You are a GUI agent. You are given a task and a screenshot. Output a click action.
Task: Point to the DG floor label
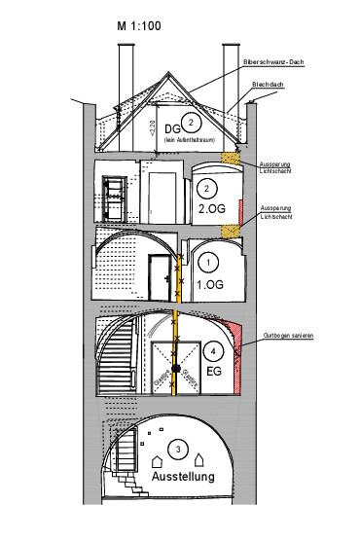pyautogui.click(x=172, y=130)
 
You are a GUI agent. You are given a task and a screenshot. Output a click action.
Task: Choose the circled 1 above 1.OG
pyautogui.click(x=206, y=263)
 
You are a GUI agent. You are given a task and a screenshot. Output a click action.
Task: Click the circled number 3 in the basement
pyautogui.click(x=178, y=449)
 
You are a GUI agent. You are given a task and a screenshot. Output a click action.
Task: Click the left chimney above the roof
pyautogui.click(x=127, y=73)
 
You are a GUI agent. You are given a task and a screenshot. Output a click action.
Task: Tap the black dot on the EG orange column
pyautogui.click(x=175, y=368)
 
